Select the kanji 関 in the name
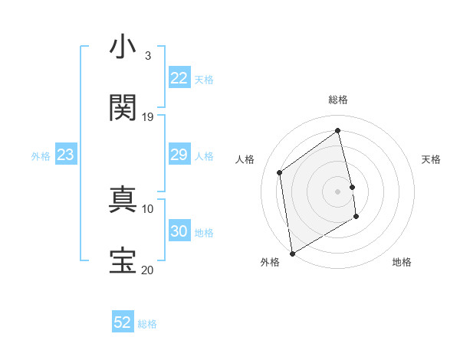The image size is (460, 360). tap(123, 108)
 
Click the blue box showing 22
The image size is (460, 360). tap(179, 78)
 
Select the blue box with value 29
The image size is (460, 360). tap(179, 155)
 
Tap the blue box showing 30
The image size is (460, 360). tap(179, 231)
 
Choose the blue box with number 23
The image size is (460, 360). tap(66, 155)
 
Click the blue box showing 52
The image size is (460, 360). tap(123, 322)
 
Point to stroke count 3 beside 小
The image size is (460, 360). tap(147, 56)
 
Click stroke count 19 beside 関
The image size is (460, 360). tap(148, 116)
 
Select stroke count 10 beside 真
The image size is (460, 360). tap(148, 208)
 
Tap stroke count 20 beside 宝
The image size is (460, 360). tap(148, 270)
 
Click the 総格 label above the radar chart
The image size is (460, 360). tap(338, 100)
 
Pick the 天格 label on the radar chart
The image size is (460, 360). tap(431, 159)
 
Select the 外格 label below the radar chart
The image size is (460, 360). tap(270, 262)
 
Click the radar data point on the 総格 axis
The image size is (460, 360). tap(338, 130)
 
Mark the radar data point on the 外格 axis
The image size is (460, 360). tap(292, 253)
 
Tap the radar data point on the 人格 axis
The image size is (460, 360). tap(280, 172)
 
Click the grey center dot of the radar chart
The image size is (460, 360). tap(338, 191)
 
